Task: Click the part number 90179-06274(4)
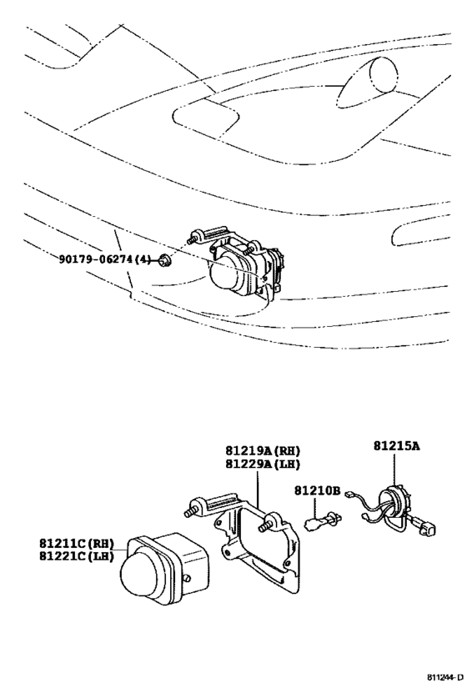pos(104,259)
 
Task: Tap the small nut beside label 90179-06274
pos(166,260)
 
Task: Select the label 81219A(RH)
pos(263,450)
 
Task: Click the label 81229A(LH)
pos(263,465)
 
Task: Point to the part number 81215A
pos(396,446)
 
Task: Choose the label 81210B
pos(317,490)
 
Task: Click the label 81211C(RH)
pos(77,543)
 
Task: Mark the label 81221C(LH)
pos(77,556)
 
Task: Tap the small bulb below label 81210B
pos(324,520)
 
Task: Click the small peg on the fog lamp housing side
pos(188,578)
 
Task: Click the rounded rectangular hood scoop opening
pos(206,116)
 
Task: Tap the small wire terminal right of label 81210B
pos(349,494)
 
